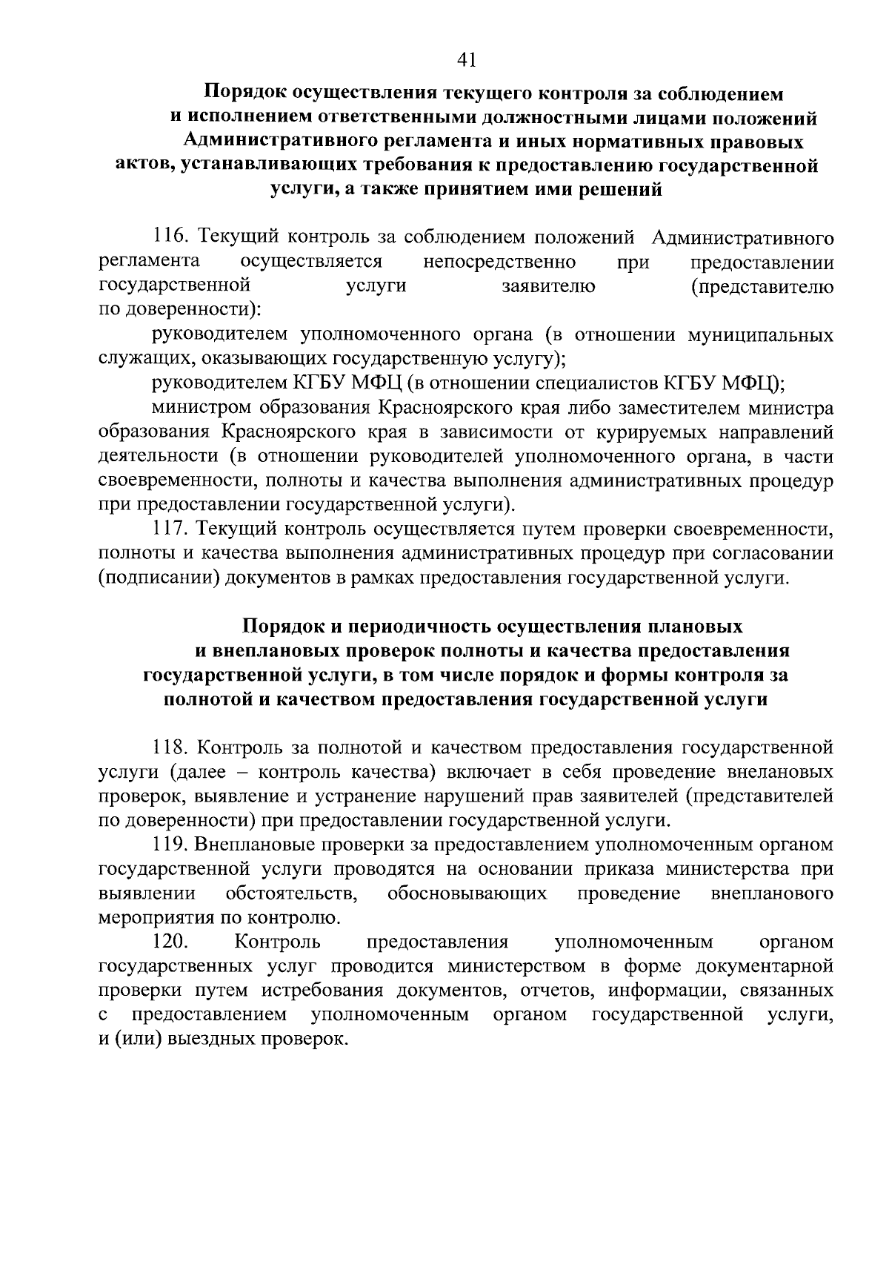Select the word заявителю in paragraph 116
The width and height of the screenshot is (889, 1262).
548,287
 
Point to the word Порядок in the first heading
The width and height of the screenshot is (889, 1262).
244,93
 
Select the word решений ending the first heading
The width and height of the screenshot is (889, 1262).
620,191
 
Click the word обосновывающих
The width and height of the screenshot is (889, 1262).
467,893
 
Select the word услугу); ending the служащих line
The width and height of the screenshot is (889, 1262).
530,359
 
